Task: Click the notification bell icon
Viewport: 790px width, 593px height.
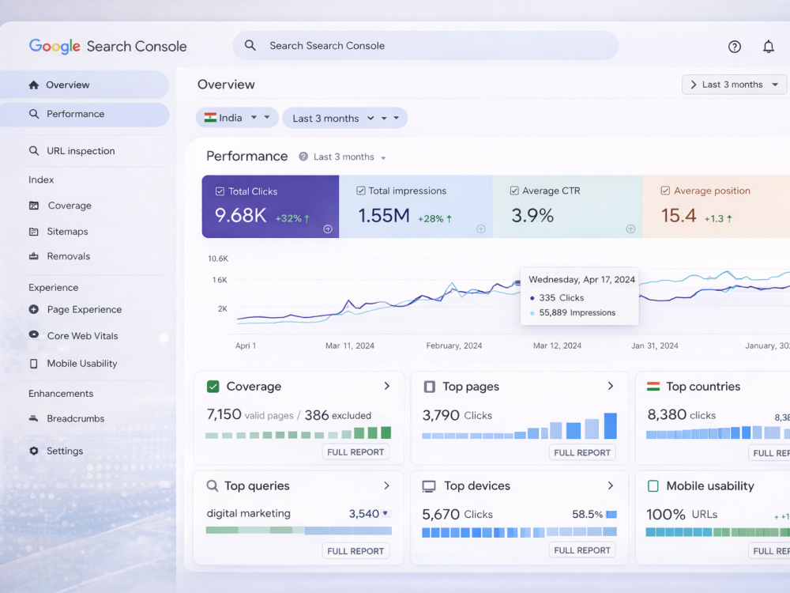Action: click(769, 47)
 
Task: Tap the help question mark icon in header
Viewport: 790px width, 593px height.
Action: click(735, 47)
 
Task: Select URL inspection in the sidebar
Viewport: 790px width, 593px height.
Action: click(81, 151)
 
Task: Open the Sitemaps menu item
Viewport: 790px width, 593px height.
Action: click(67, 232)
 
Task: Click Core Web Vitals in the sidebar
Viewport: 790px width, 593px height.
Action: click(83, 336)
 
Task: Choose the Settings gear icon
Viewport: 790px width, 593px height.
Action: click(34, 451)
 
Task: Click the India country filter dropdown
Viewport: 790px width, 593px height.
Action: click(237, 118)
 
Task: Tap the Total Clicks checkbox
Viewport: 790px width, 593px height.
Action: click(220, 191)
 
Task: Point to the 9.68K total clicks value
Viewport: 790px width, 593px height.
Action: click(240, 215)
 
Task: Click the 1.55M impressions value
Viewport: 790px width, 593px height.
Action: click(384, 216)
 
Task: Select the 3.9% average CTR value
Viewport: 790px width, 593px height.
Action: click(532, 216)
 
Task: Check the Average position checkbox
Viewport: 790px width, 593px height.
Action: click(665, 191)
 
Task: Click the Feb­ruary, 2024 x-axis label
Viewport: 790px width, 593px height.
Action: click(454, 346)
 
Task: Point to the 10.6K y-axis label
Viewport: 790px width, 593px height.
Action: click(218, 259)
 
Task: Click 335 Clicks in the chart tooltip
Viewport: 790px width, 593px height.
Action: click(561, 297)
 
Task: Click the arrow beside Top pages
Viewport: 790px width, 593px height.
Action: click(611, 386)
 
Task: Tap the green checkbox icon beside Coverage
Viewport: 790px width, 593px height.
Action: click(213, 387)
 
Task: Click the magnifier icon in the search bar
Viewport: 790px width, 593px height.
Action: click(250, 45)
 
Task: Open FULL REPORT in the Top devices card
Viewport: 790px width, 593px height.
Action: click(582, 550)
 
